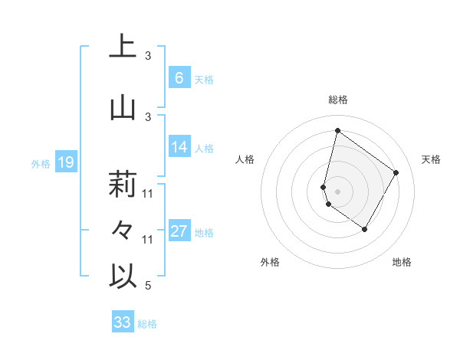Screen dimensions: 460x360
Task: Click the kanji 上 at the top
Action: [x=123, y=47]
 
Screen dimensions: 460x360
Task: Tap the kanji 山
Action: [x=123, y=108]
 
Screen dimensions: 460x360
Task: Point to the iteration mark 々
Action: [x=123, y=231]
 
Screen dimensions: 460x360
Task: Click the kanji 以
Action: [x=123, y=277]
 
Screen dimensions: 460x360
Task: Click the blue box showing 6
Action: [x=179, y=78]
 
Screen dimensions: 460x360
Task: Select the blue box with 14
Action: [x=179, y=147]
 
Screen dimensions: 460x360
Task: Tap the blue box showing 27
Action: [x=179, y=231]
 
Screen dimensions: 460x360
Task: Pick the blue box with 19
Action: [x=65, y=162]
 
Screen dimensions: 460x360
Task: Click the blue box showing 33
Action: [x=122, y=322]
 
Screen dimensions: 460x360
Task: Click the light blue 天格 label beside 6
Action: [x=204, y=80]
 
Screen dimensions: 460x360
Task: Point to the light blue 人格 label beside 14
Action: [x=204, y=149]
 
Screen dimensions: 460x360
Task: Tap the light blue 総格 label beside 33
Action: [x=147, y=324]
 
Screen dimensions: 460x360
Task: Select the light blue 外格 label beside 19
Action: [x=40, y=163]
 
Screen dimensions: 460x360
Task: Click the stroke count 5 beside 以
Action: [x=148, y=285]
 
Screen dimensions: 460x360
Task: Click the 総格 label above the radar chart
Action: [x=337, y=100]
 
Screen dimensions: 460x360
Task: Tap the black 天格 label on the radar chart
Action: [x=432, y=159]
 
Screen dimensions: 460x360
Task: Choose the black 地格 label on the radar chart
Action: [x=402, y=262]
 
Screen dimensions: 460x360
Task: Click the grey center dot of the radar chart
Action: [x=337, y=190]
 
